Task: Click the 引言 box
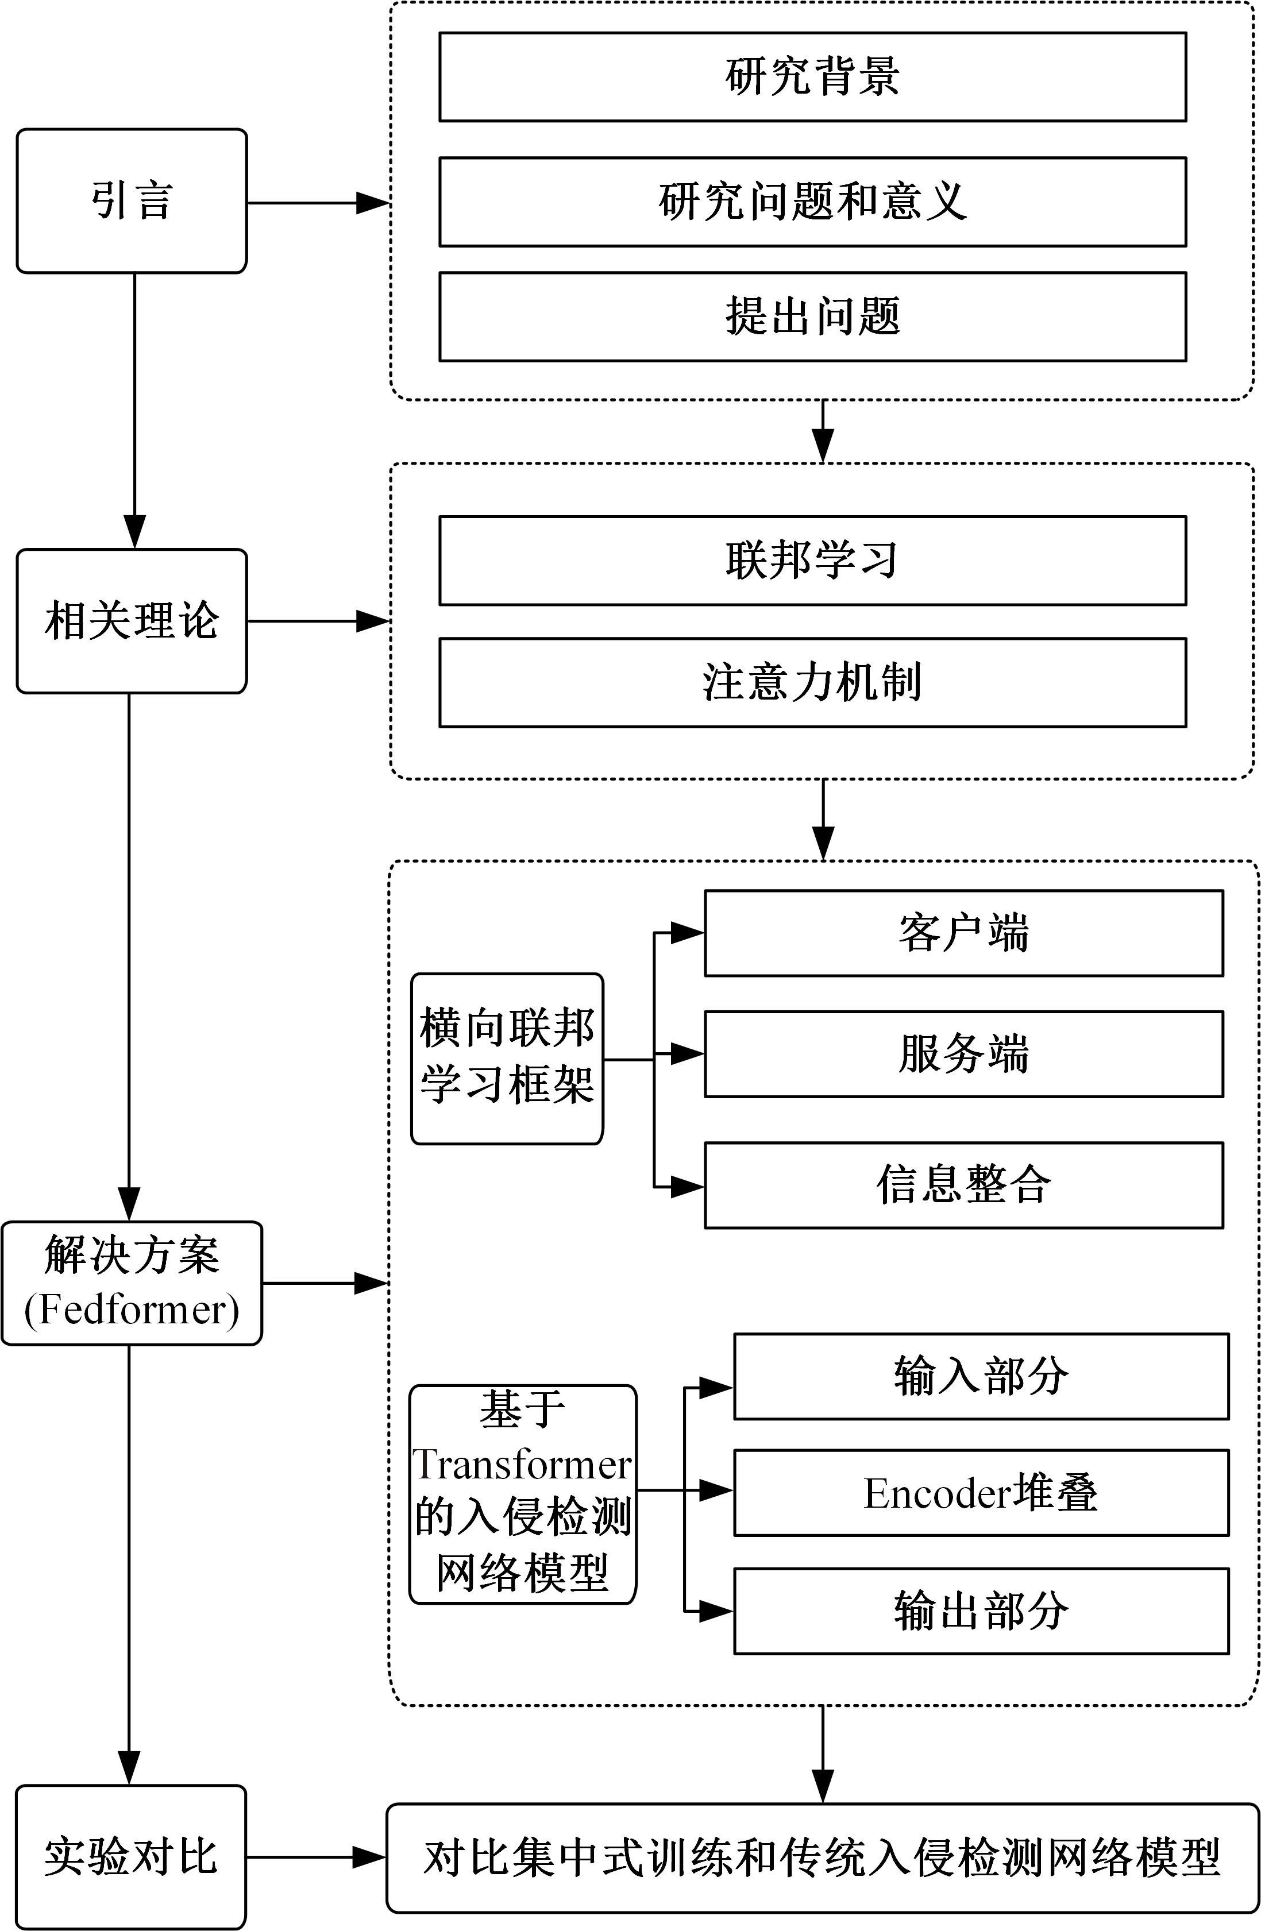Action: point(132,201)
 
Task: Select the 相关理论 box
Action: point(132,621)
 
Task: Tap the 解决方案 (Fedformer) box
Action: point(132,1283)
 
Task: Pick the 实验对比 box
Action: point(132,1856)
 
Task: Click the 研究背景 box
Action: point(812,77)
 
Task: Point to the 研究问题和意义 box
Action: point(812,202)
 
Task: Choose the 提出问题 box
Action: point(812,316)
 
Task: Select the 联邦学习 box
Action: point(812,561)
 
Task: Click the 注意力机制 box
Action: point(812,682)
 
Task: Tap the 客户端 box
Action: point(963,933)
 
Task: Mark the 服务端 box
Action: point(963,1054)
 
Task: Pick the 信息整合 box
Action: point(963,1185)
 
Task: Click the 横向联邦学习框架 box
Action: point(507,1059)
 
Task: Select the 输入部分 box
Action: point(981,1377)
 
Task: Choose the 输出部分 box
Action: point(981,1611)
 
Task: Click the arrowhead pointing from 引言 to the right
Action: point(373,203)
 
